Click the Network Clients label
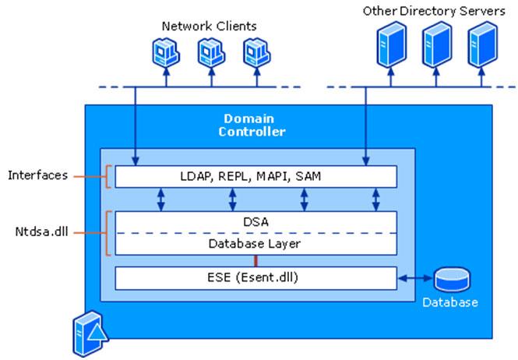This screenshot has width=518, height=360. [209, 26]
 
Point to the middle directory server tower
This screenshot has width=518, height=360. [435, 44]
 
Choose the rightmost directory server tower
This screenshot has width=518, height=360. [482, 44]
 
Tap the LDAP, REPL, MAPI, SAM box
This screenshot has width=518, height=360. [255, 177]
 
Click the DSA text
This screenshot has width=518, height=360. [255, 222]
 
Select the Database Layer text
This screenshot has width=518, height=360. [255, 243]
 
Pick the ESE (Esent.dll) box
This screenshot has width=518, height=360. [255, 277]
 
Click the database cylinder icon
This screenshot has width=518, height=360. [451, 279]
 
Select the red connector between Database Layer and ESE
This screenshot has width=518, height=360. [255, 260]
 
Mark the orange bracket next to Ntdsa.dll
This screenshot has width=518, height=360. [107, 232]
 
